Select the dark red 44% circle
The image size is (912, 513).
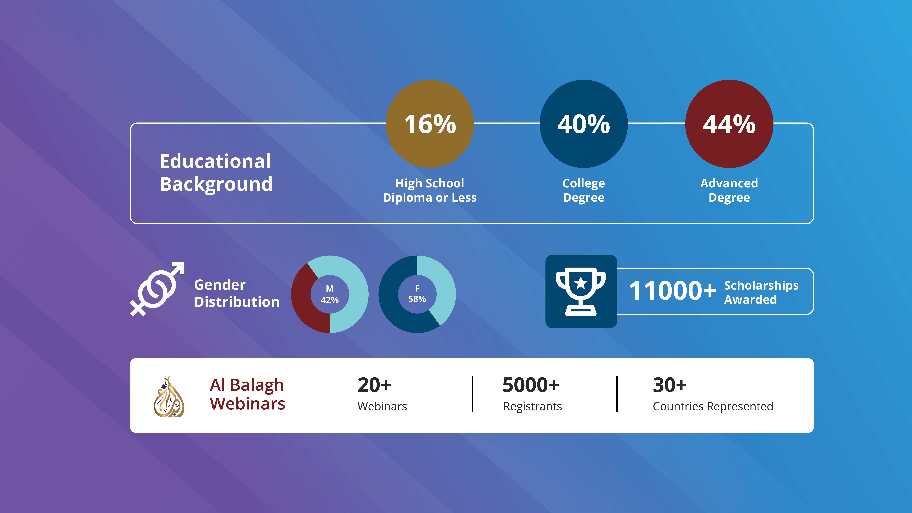pyautogui.click(x=729, y=124)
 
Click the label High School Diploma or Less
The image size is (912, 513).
pyautogui.click(x=430, y=190)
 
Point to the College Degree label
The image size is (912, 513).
pyautogui.click(x=584, y=190)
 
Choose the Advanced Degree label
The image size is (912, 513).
pyautogui.click(x=729, y=190)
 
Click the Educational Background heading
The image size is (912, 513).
pyautogui.click(x=216, y=173)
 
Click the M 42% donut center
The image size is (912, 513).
pyautogui.click(x=330, y=294)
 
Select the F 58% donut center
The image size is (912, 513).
pyautogui.click(x=417, y=294)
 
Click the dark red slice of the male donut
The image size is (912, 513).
pyautogui.click(x=304, y=301)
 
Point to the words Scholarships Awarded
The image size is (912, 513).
pyautogui.click(x=761, y=292)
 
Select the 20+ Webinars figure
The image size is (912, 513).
pyautogui.click(x=382, y=394)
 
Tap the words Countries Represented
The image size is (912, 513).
pyautogui.click(x=713, y=406)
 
